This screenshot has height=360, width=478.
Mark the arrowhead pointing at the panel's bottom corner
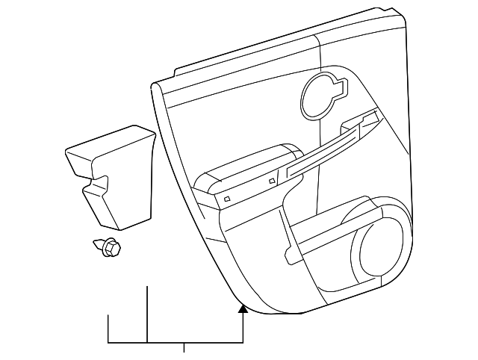(243, 307)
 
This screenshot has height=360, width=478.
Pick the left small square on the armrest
(226, 200)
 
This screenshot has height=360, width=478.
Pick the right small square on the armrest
(271, 180)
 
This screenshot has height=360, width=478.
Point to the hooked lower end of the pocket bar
(291, 257)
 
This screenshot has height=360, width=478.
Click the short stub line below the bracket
(184, 347)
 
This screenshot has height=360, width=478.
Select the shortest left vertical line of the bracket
(109, 329)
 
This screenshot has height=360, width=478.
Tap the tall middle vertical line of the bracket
(147, 314)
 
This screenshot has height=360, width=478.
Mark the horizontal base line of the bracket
(176, 343)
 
